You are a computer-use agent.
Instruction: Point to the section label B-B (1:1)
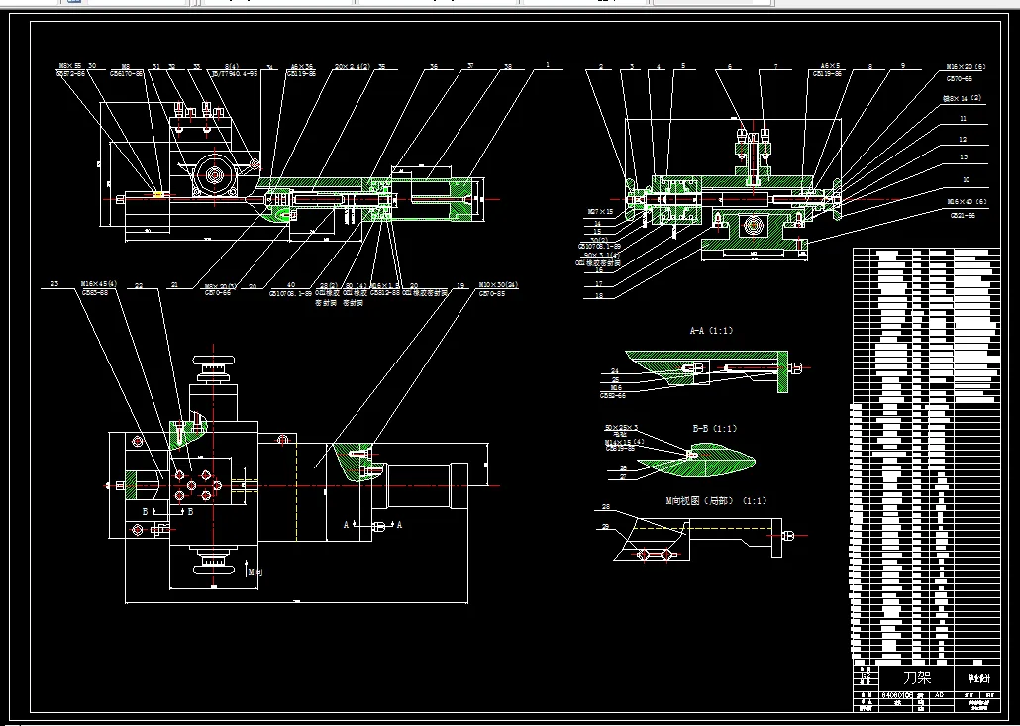(x=714, y=429)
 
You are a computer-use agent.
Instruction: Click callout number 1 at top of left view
(x=546, y=66)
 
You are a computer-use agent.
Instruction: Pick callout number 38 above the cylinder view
(x=508, y=66)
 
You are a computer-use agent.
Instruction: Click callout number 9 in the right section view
(x=902, y=66)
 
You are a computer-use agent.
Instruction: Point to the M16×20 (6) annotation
(x=966, y=67)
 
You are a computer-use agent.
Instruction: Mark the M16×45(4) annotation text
(x=100, y=284)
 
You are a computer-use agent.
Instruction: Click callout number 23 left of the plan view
(x=54, y=284)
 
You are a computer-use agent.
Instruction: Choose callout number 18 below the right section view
(x=599, y=295)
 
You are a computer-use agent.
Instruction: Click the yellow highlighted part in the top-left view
(x=157, y=194)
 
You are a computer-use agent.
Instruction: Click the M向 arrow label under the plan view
(x=255, y=571)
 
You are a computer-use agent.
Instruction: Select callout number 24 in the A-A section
(x=614, y=370)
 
